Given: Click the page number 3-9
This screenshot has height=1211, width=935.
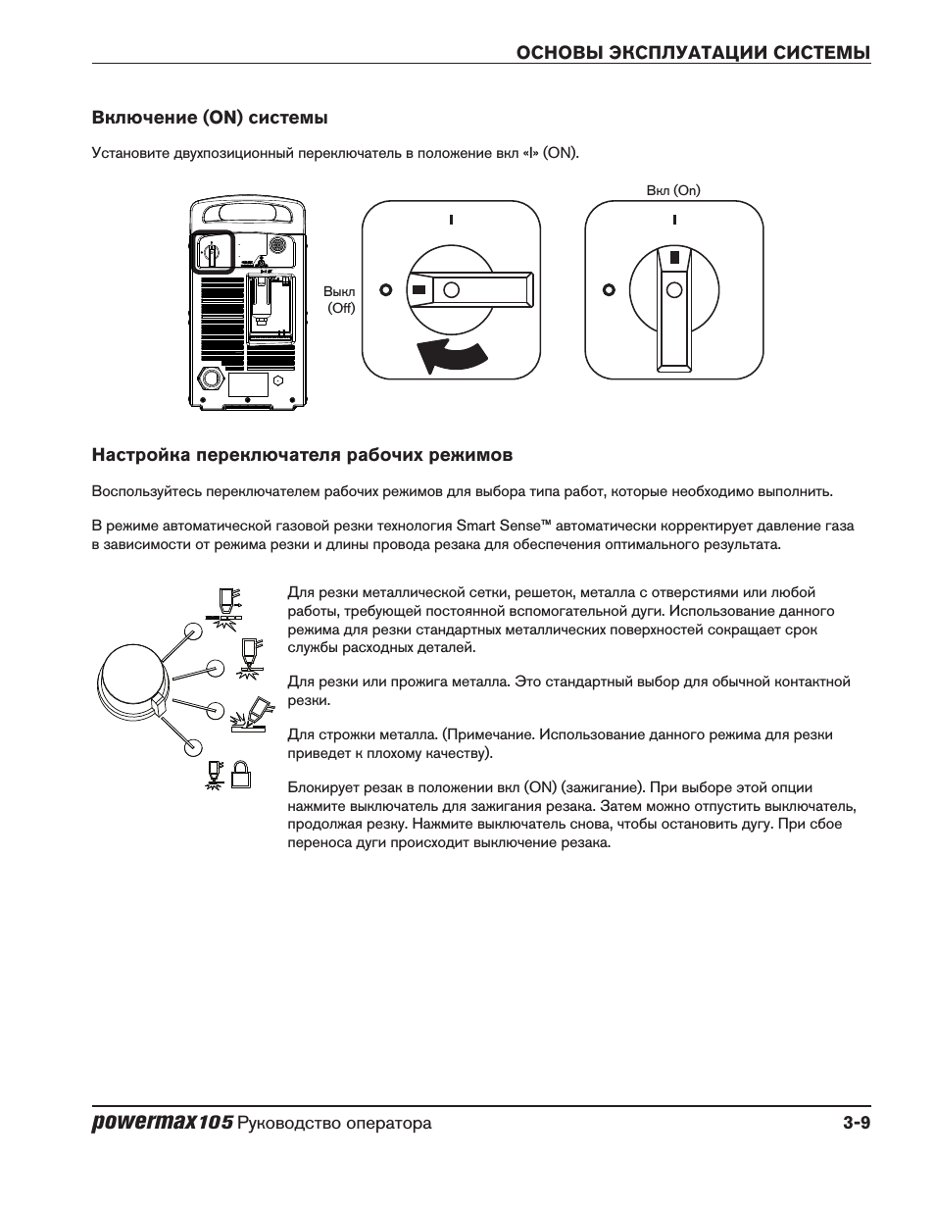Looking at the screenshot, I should coord(855,1123).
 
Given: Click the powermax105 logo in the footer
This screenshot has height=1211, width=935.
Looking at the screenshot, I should coord(162,1123).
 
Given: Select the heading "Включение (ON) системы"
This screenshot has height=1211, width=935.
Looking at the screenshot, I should coord(209,118).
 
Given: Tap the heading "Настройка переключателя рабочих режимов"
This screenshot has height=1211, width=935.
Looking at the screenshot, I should coord(302,455).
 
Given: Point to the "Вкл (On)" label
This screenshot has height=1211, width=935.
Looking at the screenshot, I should coord(673,190).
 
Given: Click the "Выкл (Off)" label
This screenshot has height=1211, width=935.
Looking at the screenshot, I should coord(340,300).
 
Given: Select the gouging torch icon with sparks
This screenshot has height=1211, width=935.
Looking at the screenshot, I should coord(249,715).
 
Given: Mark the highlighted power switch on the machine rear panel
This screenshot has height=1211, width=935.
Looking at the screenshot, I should coord(210,252).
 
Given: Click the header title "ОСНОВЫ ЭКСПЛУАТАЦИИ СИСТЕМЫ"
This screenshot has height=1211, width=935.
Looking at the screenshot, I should coord(694,53).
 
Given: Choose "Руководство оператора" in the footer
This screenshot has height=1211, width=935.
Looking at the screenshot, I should coord(334,1124).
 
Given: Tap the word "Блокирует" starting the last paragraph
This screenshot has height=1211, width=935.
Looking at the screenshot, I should coord(319,787).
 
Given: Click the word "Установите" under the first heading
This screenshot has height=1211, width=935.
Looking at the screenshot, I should coord(125,153).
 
